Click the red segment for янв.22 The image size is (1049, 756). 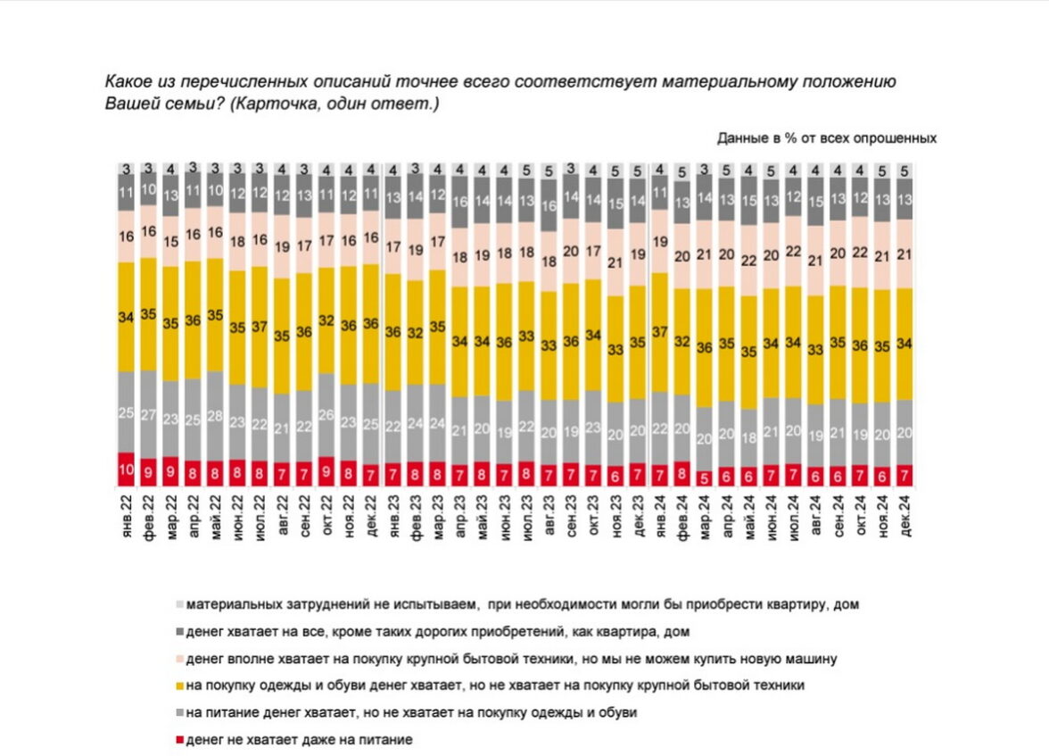point(126,469)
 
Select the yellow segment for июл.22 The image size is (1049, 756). point(260,327)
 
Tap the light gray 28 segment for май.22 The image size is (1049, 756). point(215,416)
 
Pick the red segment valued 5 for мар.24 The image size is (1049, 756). point(705,478)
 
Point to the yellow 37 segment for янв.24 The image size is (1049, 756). point(660,332)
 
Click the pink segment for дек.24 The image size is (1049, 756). point(904,254)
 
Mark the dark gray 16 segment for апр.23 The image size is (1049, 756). point(460,202)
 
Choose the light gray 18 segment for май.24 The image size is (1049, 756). point(749,437)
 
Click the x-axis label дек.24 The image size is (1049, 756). point(904,516)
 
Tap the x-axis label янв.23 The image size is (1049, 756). point(393,516)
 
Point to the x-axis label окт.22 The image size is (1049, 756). point(326,516)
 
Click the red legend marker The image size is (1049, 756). point(179,740)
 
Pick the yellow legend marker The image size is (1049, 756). point(179,685)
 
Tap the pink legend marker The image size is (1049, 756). point(179,659)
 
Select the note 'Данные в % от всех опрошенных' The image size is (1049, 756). point(826,138)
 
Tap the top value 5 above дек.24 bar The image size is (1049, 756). point(904,170)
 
